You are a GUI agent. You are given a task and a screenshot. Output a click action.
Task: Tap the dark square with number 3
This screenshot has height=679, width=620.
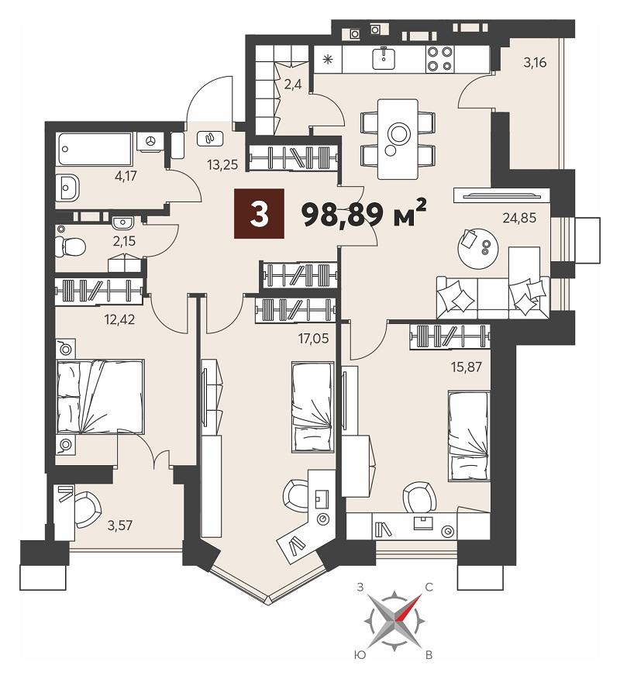click(259, 213)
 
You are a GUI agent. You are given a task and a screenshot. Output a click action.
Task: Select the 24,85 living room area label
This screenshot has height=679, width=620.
click(519, 217)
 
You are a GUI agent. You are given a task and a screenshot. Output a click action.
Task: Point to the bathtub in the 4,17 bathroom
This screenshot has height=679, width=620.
click(95, 149)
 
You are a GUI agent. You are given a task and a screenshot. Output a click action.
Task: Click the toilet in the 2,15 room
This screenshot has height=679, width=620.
click(71, 246)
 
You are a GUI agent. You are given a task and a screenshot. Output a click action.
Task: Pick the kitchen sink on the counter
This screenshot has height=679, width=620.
click(384, 58)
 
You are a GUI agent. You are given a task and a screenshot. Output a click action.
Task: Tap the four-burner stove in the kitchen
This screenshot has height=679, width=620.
click(439, 59)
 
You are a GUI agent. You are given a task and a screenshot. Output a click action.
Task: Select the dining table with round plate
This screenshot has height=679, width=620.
click(398, 139)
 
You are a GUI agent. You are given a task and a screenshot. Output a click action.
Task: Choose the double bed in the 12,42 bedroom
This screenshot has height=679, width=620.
click(101, 396)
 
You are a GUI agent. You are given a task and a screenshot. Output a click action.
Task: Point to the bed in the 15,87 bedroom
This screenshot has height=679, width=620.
click(470, 436)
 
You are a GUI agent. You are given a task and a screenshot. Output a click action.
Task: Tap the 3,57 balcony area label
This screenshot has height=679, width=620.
click(120, 526)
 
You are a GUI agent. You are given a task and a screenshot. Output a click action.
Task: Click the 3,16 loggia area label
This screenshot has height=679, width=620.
click(535, 62)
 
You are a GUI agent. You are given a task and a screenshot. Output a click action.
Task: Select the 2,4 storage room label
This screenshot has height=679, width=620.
click(293, 84)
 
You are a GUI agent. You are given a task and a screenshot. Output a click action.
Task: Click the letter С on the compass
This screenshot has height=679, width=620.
click(429, 588)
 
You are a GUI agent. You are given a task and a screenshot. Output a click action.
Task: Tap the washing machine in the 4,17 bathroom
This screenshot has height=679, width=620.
click(150, 141)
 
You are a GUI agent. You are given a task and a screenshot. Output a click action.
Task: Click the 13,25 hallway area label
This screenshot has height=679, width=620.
click(222, 164)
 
